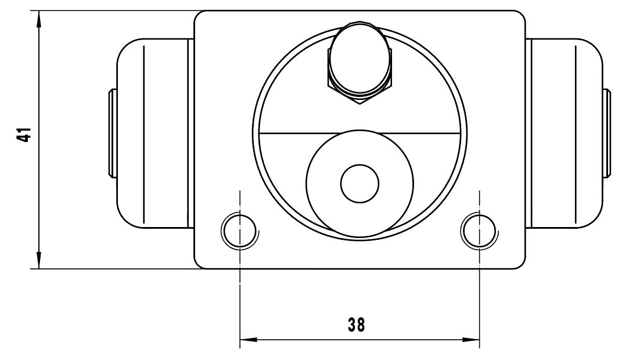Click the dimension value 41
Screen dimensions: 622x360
pyautogui.click(x=24, y=135)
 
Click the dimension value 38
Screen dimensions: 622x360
pyautogui.click(x=356, y=325)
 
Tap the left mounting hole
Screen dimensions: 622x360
pyautogui.click(x=239, y=231)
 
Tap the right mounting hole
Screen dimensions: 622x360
pyautogui.click(x=479, y=231)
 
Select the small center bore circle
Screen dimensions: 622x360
pyautogui.click(x=360, y=183)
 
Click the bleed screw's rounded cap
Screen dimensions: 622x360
pyautogui.click(x=360, y=59)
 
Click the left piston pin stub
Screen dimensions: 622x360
pyautogui.click(x=112, y=134)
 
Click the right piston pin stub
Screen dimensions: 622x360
pyautogui.click(x=606, y=134)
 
